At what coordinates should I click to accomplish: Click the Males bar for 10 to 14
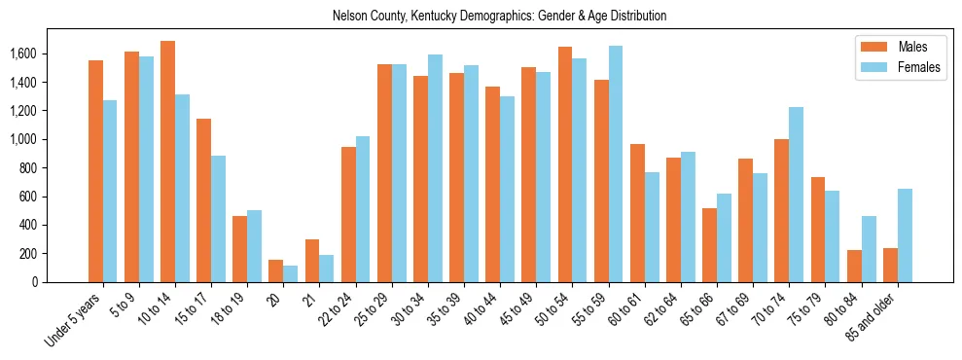click(167, 162)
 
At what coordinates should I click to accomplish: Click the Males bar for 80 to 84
click(854, 266)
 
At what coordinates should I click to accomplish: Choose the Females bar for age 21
click(327, 269)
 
